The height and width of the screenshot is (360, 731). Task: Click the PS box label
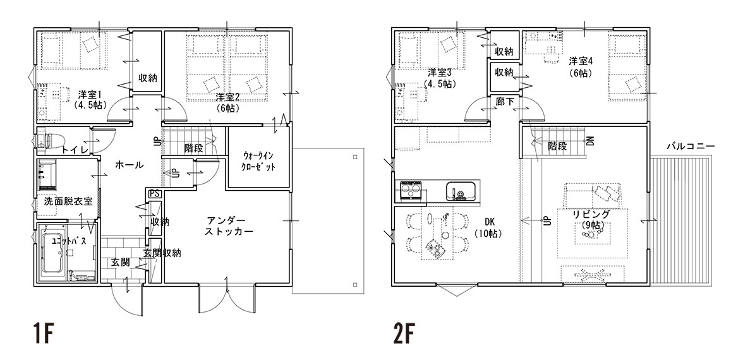(154, 193)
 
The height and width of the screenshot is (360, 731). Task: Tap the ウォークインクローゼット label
(257, 160)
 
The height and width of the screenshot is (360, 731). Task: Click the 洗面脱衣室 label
(68, 201)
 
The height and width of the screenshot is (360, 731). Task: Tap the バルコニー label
(690, 146)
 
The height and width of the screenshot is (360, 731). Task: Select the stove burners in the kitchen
(411, 190)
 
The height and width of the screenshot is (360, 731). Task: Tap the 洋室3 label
(440, 73)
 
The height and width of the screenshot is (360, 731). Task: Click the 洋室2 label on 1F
(227, 97)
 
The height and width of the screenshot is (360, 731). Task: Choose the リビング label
(591, 215)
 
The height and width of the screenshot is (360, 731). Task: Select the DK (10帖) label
(488, 229)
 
